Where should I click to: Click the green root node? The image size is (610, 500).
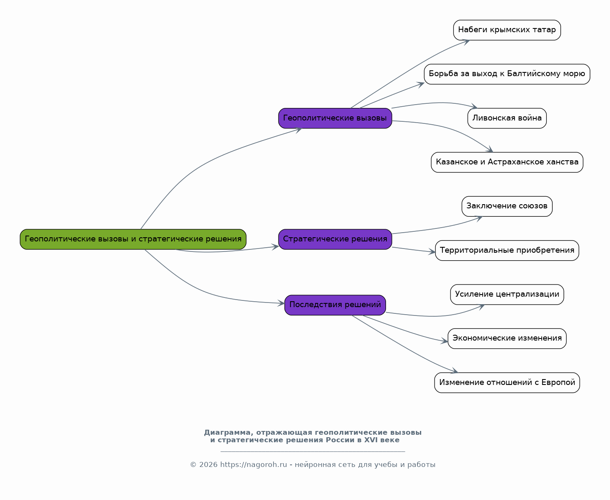pos(133,239)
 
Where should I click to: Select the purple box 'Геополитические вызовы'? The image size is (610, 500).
pos(335,118)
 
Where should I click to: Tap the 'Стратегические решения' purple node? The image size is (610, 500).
pos(335,239)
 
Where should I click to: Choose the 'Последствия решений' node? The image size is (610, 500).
pos(335,305)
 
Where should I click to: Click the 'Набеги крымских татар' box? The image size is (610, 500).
pos(507,30)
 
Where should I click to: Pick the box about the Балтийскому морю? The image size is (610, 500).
pos(507,74)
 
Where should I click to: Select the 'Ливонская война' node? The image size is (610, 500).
pos(507,118)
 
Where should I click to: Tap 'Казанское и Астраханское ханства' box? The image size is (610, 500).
pos(507,162)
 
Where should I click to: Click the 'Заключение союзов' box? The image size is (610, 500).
pos(507,206)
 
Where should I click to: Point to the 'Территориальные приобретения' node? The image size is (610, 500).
pos(507,251)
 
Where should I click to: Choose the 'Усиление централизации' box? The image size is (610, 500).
pos(507,295)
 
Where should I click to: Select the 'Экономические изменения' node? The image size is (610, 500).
pos(507,339)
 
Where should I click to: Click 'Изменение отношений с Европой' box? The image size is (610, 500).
pos(507,383)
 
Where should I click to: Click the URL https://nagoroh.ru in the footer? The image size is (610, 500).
pos(253,465)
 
